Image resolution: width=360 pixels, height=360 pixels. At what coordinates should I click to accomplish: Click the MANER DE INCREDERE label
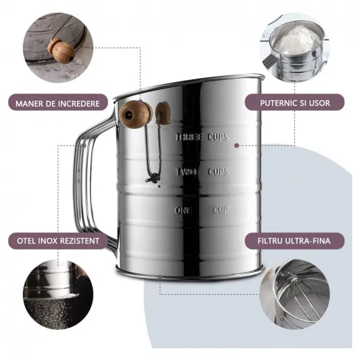click(x=58, y=103)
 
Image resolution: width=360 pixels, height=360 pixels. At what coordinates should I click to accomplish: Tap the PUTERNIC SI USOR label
click(x=295, y=103)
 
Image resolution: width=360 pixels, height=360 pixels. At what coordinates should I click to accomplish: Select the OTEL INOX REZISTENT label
click(x=58, y=241)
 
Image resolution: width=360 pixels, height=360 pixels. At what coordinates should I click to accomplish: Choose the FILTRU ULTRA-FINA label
click(x=294, y=241)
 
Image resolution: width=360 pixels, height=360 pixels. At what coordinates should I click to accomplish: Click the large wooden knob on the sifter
click(x=136, y=114)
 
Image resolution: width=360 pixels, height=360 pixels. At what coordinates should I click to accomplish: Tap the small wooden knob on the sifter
click(x=163, y=113)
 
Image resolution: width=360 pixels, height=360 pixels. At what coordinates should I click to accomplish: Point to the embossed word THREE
click(x=189, y=137)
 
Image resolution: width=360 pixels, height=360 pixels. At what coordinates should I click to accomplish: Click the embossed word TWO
click(x=186, y=172)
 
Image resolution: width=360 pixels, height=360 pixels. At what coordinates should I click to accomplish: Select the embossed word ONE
click(x=183, y=210)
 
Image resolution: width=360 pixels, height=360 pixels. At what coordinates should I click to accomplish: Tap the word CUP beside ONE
click(x=220, y=210)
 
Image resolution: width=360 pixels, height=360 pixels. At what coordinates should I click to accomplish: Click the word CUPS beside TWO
click(x=218, y=171)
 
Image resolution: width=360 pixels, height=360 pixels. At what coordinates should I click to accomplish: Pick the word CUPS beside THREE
click(x=218, y=137)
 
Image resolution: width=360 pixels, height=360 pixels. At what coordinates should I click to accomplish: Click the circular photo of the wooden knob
click(x=58, y=48)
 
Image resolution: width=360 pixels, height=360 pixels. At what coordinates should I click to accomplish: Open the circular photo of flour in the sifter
click(x=295, y=48)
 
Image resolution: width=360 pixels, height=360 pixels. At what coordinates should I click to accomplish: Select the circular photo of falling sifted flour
click(x=58, y=295)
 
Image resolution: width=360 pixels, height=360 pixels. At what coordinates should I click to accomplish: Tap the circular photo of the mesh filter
click(x=295, y=295)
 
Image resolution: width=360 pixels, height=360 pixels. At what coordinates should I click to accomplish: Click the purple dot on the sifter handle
click(x=84, y=146)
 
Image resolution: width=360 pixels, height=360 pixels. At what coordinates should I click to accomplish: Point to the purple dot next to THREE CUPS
click(x=236, y=145)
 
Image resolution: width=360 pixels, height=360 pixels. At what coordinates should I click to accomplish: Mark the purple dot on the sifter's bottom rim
click(x=160, y=277)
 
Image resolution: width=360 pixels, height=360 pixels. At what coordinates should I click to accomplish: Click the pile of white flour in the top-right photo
click(x=296, y=41)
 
